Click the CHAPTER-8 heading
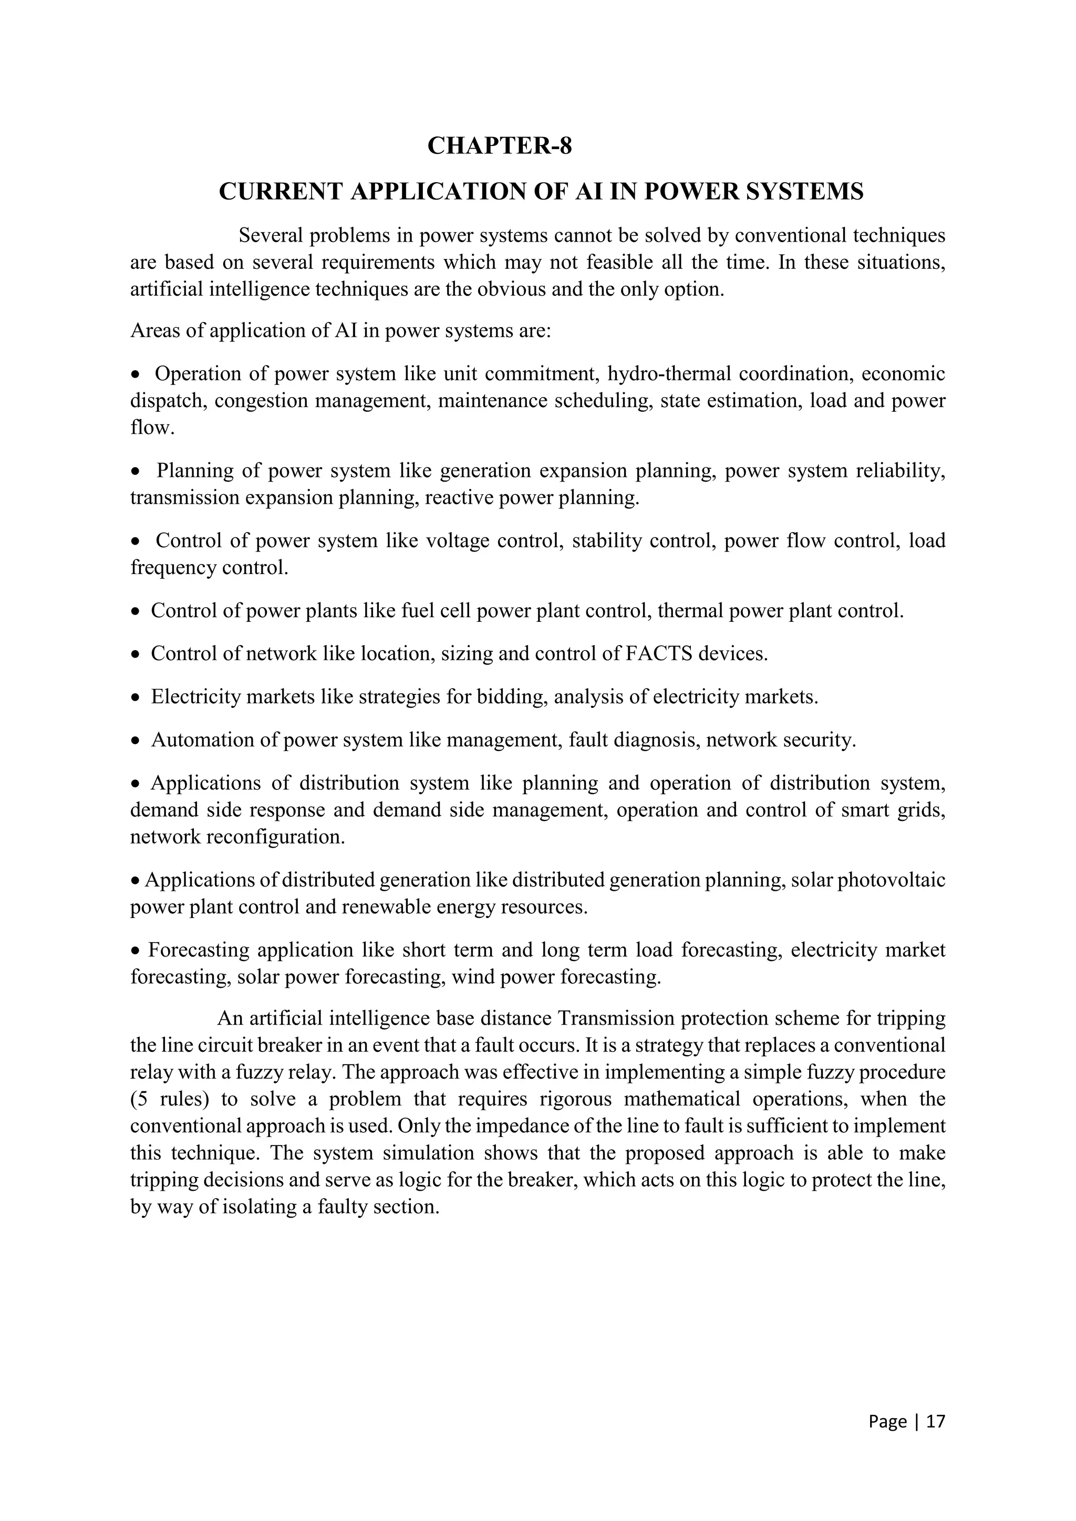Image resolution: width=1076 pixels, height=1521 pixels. tap(499, 145)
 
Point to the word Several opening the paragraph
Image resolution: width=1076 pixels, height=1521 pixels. tap(271, 236)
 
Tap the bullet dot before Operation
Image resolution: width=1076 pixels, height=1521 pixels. tap(136, 376)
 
